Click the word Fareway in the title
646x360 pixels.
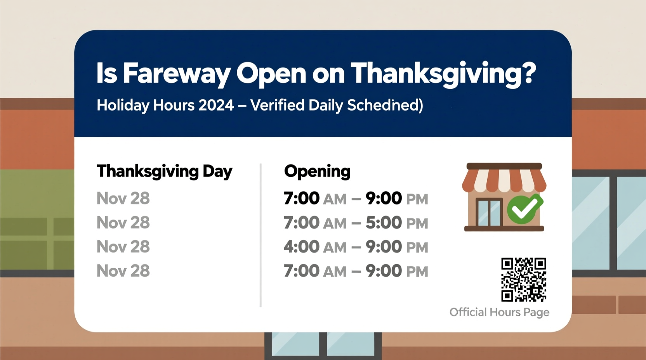[177, 73]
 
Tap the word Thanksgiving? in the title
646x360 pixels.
[443, 73]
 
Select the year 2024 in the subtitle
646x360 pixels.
[216, 105]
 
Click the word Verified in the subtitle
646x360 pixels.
[277, 105]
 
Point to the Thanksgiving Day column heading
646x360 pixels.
[164, 171]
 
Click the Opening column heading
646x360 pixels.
[317, 171]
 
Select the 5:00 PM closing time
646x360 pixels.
[396, 223]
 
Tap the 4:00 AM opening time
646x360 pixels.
[315, 247]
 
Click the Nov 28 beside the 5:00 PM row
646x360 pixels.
[123, 223]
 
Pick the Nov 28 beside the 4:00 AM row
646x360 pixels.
[123, 247]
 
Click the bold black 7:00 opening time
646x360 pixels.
[302, 199]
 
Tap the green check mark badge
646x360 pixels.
[524, 209]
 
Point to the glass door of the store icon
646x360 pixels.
[489, 212]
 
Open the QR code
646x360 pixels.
[523, 280]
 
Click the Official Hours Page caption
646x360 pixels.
[499, 312]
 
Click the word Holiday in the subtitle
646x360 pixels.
[123, 105]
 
